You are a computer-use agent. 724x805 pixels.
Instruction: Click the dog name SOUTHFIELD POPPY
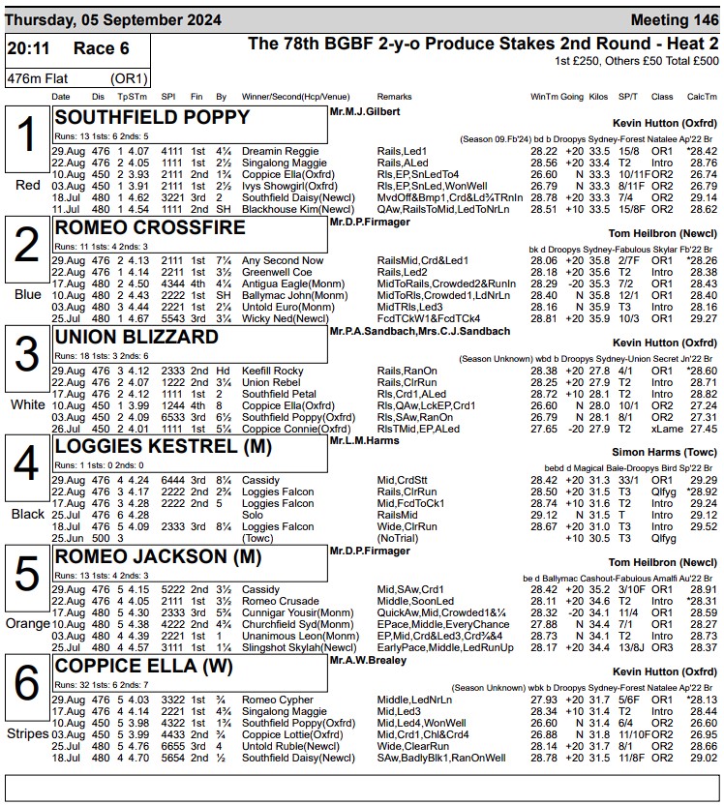coord(152,117)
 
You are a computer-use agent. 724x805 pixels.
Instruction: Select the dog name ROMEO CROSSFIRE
coord(150,227)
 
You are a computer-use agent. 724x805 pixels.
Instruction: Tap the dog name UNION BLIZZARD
coord(136,337)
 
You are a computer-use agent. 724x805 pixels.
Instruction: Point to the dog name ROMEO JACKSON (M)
coord(152,556)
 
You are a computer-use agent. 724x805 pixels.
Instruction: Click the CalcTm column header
coord(702,97)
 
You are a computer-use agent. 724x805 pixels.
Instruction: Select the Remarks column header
coord(394,97)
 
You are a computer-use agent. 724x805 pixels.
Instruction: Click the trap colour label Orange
coord(27,624)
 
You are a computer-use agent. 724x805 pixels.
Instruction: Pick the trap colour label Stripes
coord(27,734)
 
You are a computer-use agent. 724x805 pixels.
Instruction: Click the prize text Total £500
coord(690,61)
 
